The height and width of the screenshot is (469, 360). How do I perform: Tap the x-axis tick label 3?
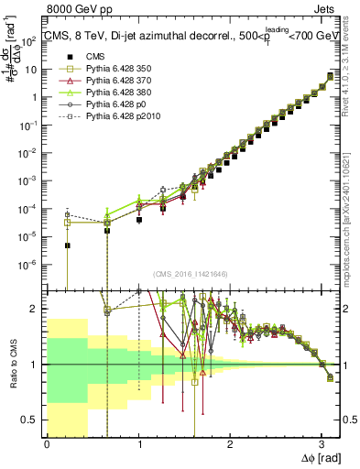pos(322,445)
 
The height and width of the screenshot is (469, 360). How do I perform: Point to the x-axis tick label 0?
pos(47,445)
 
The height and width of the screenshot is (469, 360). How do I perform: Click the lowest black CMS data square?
pos(68,245)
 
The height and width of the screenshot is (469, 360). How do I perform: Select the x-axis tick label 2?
pos(230,445)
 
